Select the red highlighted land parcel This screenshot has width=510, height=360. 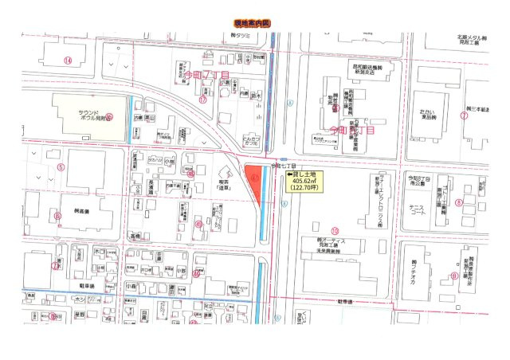[x=256, y=182]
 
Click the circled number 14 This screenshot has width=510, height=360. [x=68, y=61]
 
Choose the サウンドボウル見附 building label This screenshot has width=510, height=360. [x=88, y=113]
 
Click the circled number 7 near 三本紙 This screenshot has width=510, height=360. [x=463, y=115]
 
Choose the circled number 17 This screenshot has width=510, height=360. [x=203, y=101]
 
